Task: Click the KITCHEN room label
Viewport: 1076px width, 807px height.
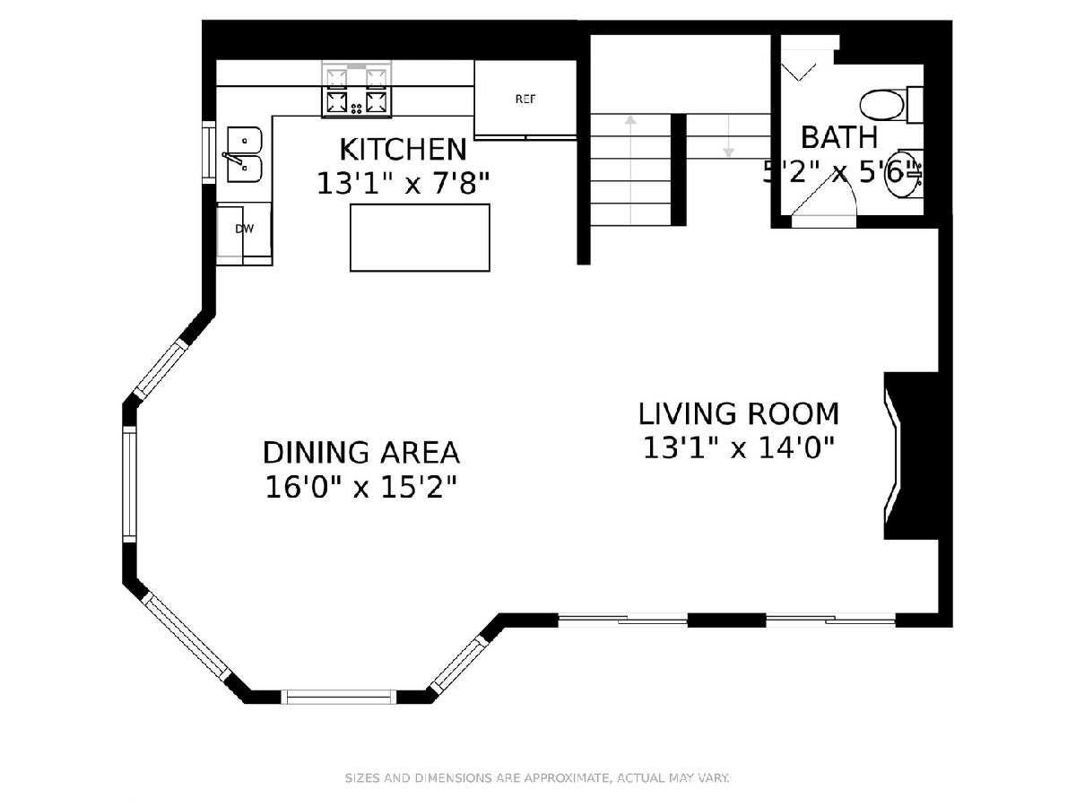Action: point(403,150)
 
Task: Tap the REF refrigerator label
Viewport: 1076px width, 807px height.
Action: point(525,99)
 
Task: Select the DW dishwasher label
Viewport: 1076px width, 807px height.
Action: point(245,229)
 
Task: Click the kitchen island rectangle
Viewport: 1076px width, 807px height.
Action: point(420,238)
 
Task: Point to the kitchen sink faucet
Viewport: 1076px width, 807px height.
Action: point(233,159)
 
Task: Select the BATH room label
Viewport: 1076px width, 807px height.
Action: point(838,137)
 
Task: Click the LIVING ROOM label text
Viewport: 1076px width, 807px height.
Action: point(738,413)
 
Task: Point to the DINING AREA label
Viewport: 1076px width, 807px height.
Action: point(361,452)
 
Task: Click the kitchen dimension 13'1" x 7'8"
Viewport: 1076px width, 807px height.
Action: point(403,184)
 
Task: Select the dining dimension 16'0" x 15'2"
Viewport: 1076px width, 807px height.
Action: point(361,488)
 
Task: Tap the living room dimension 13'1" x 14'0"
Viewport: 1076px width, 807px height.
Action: point(738,448)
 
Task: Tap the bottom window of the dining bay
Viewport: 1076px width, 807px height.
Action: point(342,697)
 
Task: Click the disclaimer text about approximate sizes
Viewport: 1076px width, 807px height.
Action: point(537,777)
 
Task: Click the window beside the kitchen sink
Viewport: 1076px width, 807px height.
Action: point(209,152)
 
